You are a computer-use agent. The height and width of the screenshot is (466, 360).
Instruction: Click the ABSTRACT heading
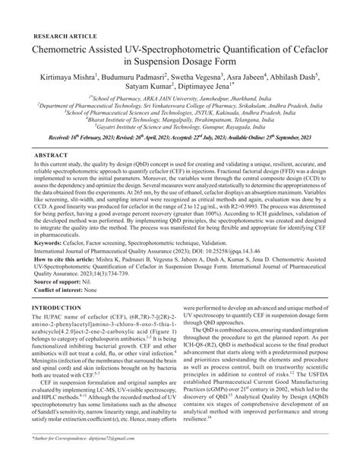pos(51,155)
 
